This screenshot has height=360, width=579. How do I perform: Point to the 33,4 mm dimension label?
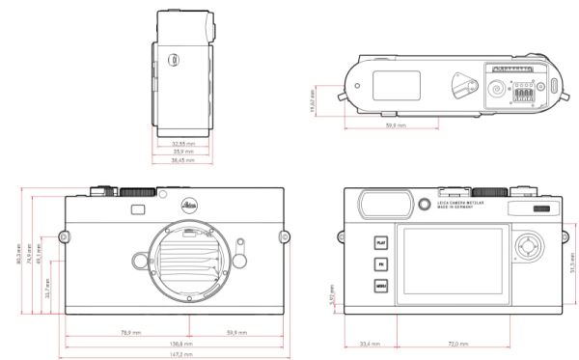coord(367,344)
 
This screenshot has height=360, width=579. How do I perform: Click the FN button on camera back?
coord(381,263)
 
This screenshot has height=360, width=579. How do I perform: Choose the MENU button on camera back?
coord(381,285)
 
